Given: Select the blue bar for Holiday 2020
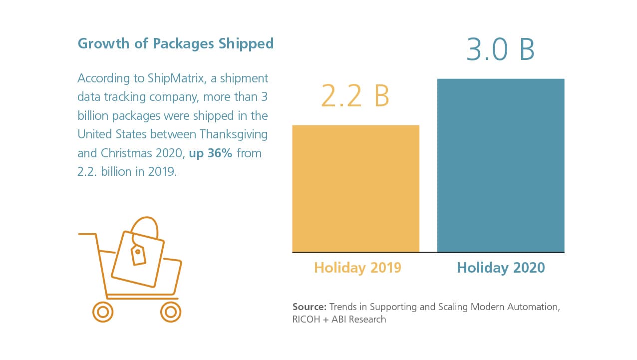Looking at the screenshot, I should point(501,165).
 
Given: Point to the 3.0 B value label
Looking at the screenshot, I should point(500,49).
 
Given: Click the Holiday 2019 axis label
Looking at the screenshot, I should point(357,268).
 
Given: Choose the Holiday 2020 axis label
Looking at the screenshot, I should point(501,268).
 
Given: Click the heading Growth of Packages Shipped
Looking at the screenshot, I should point(176,43).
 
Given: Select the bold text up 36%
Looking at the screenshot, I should point(210,153).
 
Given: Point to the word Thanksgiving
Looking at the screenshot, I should point(234,134).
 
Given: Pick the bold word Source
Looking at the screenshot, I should point(309,307).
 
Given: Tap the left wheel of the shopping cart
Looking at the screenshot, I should point(103,312).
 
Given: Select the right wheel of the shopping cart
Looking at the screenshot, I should point(170,312).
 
